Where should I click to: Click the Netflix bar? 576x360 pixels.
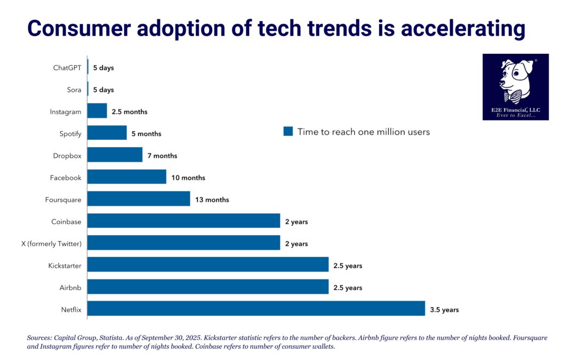click(x=256, y=309)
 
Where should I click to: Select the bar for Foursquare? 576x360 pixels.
click(x=139, y=199)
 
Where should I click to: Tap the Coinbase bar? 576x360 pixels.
click(x=183, y=221)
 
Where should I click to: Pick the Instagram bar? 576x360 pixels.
click(x=97, y=111)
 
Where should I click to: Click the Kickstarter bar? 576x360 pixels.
click(x=207, y=265)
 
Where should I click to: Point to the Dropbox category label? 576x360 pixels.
click(x=67, y=155)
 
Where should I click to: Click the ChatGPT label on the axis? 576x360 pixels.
click(x=67, y=68)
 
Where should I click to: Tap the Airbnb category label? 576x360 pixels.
click(x=70, y=287)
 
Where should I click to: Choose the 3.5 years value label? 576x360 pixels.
click(x=444, y=309)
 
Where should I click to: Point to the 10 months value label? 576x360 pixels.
click(x=189, y=178)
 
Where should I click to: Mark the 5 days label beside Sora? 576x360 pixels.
click(x=103, y=90)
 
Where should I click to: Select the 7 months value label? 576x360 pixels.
click(x=163, y=156)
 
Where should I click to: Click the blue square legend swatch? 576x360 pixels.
click(x=288, y=131)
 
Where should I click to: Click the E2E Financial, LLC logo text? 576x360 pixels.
click(x=515, y=110)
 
